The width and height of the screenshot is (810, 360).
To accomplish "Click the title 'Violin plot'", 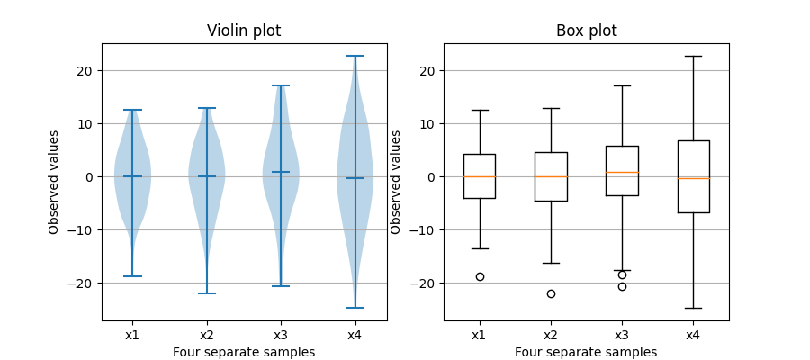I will click(244, 31).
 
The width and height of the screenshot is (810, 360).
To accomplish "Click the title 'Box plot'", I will click(586, 31).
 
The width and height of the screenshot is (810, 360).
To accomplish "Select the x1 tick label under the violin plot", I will click(132, 335).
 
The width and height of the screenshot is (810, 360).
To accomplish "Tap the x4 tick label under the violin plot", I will click(355, 335).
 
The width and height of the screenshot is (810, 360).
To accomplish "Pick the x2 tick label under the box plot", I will click(551, 335).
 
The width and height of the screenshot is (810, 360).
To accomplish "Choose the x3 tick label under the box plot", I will click(622, 335).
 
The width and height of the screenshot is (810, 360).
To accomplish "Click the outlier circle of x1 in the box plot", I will click(480, 276).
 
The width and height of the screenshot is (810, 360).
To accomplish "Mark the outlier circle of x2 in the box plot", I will click(551, 293).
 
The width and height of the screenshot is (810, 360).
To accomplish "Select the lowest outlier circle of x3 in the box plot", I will click(622, 286).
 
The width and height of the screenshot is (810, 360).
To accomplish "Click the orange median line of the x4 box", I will click(693, 178).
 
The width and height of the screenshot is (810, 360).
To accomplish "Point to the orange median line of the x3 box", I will click(622, 172).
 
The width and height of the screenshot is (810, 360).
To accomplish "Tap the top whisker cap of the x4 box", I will click(693, 56).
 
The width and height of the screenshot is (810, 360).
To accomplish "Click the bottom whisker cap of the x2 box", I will click(551, 263).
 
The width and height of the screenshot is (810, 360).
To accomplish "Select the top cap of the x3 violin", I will click(281, 85).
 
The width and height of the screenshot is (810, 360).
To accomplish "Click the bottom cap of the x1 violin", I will click(132, 276).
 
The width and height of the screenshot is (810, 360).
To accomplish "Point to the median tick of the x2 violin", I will click(206, 176).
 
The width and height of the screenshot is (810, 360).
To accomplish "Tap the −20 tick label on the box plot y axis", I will click(426, 283).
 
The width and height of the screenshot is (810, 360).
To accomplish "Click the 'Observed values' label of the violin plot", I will click(54, 182).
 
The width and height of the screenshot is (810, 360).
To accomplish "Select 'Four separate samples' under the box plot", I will click(586, 352).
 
